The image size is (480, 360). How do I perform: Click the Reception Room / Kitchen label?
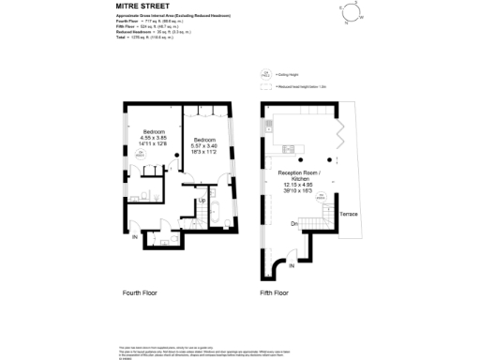click(x=300, y=177)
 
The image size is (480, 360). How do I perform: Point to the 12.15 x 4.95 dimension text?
click(x=300, y=185)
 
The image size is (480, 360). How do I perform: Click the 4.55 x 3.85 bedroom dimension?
click(x=154, y=138)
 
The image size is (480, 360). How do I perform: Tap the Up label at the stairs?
click(x=201, y=200)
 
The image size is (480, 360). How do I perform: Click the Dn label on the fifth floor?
click(x=294, y=224)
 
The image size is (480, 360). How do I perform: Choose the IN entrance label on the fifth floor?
click(x=292, y=267)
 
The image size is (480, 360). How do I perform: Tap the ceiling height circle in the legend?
click(x=266, y=72)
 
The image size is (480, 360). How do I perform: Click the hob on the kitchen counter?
click(x=289, y=149)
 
